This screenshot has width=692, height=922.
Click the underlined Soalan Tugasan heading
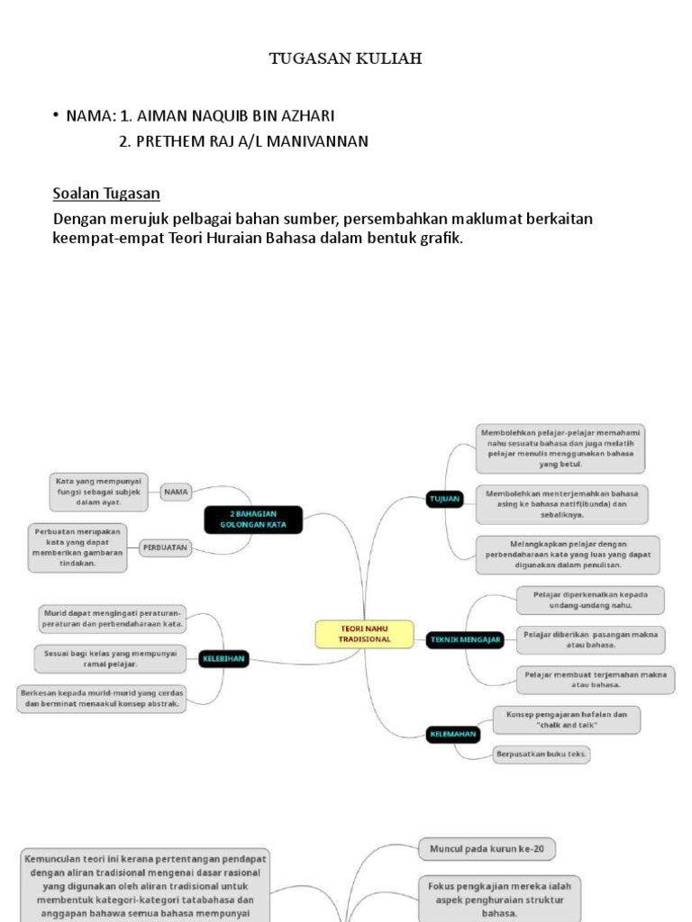click(106, 193)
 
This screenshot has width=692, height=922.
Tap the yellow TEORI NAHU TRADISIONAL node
click(364, 633)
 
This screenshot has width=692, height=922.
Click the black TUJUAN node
click(443, 498)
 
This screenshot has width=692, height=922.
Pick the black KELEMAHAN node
click(452, 735)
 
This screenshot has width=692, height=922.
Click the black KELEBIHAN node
click(223, 659)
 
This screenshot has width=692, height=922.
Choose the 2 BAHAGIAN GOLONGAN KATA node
click(253, 520)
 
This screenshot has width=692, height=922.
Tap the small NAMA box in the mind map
click(176, 492)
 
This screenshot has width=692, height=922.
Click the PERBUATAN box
click(165, 546)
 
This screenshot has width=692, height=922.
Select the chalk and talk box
click(567, 719)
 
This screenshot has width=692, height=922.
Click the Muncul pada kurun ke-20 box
click(486, 848)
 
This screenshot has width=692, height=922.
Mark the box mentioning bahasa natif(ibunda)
click(561, 504)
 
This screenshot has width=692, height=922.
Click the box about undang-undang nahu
click(590, 600)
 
